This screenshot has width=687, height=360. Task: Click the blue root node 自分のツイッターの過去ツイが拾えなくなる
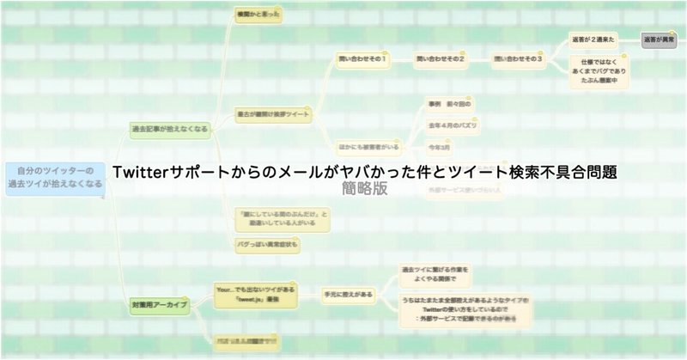click(53, 177)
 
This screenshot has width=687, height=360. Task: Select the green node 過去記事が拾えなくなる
click(168, 129)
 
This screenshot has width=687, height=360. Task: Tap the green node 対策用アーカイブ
click(159, 305)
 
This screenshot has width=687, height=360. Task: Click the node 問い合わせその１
click(362, 59)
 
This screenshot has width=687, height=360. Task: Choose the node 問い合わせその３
click(517, 59)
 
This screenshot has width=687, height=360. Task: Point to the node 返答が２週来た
click(593, 40)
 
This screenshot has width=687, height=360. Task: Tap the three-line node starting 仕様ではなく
click(599, 71)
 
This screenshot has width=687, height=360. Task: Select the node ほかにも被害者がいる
click(368, 147)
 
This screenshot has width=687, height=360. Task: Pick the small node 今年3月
click(441, 149)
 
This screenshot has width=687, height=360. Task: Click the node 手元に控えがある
click(349, 295)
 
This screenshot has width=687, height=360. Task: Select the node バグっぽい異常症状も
click(267, 244)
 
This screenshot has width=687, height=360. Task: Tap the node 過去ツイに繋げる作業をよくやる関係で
click(435, 274)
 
